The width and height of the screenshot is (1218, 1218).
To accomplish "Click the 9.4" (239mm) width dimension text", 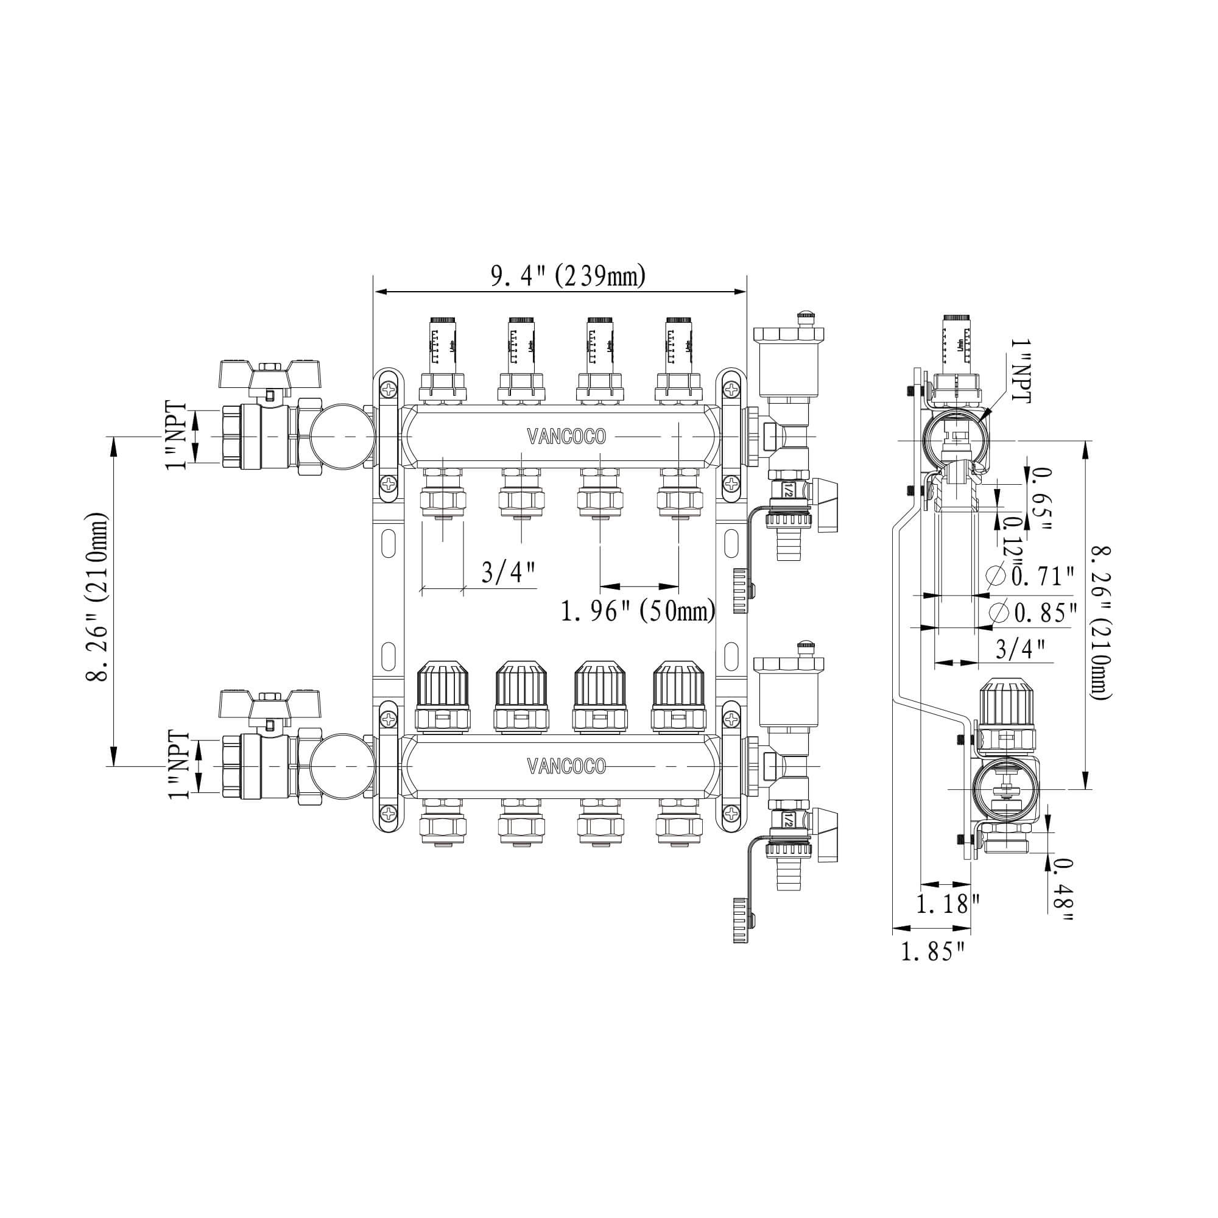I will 568,276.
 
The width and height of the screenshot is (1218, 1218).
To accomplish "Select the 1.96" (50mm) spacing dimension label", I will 638,610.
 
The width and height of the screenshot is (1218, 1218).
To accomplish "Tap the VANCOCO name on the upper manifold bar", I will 566,436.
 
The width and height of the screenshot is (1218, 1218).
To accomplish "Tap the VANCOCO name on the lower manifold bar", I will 566,766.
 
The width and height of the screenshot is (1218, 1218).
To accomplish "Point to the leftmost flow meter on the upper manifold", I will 443,343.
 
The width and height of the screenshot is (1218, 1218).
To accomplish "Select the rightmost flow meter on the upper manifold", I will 678,343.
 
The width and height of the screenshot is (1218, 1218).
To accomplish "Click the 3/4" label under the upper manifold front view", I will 508,572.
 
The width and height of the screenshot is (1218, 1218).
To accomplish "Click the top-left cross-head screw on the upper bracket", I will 390,390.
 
